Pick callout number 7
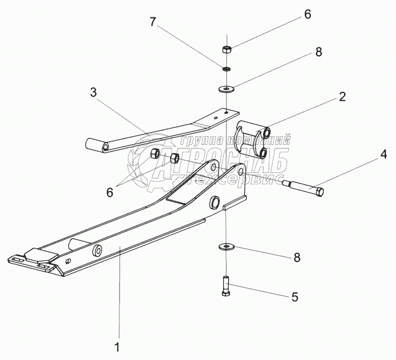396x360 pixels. tap(152, 24)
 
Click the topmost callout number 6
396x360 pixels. tap(307, 14)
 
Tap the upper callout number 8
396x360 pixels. tap(319, 52)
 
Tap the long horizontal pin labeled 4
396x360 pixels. tap(304, 187)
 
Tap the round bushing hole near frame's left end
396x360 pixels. tap(97, 249)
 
